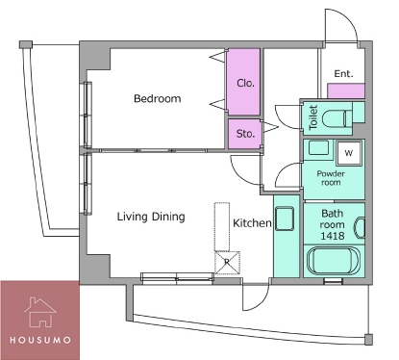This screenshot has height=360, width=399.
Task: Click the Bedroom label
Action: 157,98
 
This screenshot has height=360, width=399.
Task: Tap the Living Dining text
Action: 151,217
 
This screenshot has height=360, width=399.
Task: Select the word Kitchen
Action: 252,223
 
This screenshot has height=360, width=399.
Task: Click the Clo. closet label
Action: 246,83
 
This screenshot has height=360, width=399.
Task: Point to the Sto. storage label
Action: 245,133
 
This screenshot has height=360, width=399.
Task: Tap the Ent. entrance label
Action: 343,74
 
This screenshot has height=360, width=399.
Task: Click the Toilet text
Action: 313,117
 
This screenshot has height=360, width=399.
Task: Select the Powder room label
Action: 331,178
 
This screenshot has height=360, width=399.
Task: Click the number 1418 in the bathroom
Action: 333,236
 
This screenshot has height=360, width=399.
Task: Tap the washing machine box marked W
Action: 349,153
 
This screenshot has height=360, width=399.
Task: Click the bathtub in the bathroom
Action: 334,261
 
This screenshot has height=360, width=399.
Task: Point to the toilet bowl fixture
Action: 337,118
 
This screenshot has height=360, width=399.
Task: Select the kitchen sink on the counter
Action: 285,219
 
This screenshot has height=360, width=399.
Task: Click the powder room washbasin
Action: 318,148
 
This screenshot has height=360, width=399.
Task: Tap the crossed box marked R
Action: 227,263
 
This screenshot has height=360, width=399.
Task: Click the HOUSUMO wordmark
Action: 40,340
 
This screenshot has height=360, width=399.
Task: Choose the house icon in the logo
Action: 40,312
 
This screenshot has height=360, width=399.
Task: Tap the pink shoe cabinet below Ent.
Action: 346,90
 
